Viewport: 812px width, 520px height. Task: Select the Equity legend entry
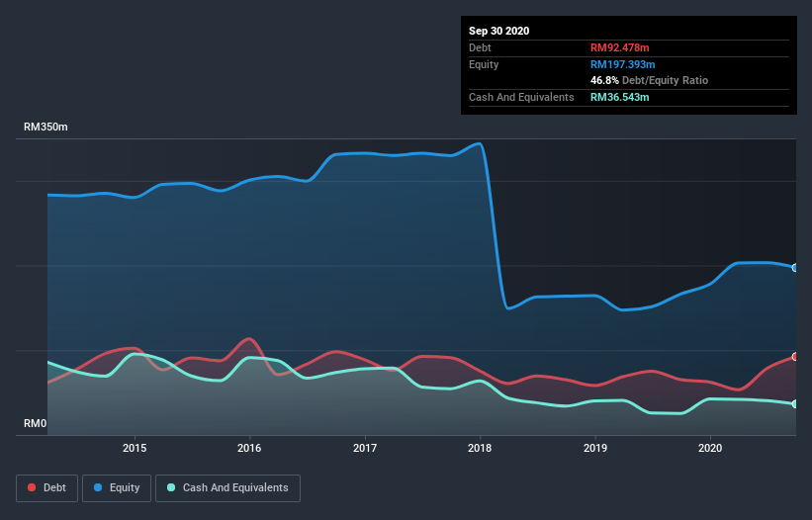(x=117, y=487)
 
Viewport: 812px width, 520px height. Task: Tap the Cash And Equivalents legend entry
(x=227, y=487)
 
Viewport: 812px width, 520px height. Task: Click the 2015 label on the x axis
(x=135, y=448)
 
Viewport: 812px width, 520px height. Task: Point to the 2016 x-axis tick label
(x=249, y=448)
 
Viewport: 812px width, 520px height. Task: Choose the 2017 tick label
(x=365, y=448)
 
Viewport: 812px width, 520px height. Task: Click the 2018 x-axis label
(x=480, y=448)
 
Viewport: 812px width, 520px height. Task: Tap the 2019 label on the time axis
(x=595, y=448)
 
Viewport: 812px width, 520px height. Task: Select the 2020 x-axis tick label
(x=710, y=448)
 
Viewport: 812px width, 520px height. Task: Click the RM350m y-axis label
(x=45, y=128)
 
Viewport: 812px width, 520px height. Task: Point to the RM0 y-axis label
(x=35, y=424)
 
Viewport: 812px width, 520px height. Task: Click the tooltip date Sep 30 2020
(x=498, y=31)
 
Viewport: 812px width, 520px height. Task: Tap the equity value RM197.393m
(x=624, y=64)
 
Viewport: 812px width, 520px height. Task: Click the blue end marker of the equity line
(x=795, y=268)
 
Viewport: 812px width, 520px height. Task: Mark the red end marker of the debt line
(x=795, y=357)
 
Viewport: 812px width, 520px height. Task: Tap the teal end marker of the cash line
(x=795, y=404)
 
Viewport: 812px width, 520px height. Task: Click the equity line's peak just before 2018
(x=480, y=143)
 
